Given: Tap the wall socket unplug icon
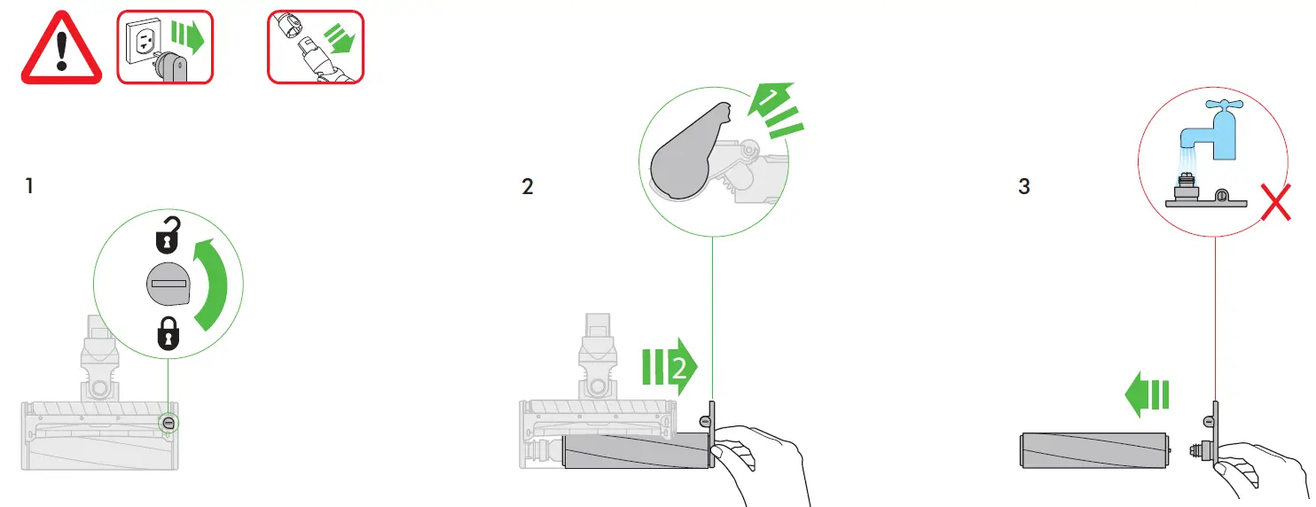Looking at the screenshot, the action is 165,47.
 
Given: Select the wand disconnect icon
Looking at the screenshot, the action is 316,47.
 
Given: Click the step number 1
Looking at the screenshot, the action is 29,185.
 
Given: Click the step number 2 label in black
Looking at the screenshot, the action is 527,187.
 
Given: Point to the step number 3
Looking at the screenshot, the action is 1024,186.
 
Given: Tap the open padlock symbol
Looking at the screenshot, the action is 168,235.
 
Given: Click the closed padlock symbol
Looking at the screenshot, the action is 168,333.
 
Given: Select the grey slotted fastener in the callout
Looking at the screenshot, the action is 168,284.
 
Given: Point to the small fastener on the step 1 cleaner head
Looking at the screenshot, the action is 169,423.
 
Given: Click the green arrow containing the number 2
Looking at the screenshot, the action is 670,367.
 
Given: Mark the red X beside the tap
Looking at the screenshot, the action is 1276,202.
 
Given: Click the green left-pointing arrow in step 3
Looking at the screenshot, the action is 1147,394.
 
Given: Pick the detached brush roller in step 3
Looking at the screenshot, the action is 1095,450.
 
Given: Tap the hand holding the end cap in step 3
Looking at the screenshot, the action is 1257,470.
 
